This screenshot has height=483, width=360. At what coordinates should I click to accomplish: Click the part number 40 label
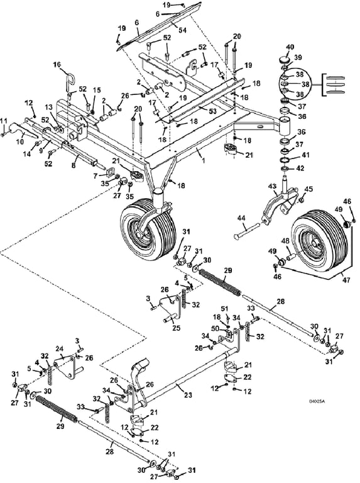coord(290,47)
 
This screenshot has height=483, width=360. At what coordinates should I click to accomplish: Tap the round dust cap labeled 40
coord(286,60)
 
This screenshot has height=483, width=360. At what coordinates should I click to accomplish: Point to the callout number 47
coord(346,280)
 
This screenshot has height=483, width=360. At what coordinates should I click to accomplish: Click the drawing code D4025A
coord(317,401)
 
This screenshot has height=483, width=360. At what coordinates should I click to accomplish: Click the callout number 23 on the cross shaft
coord(188,395)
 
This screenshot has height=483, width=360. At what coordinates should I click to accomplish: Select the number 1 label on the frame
coord(203,160)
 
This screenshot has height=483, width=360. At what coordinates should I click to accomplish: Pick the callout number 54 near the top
coord(182,30)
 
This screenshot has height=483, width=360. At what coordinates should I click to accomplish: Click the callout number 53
coord(213,111)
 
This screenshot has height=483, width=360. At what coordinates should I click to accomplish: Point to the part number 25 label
coord(177,328)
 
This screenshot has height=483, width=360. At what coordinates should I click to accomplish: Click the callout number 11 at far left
coord(3,121)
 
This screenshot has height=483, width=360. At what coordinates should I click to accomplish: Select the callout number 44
coord(241,218)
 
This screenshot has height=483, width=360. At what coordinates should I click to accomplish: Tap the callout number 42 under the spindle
coord(300,168)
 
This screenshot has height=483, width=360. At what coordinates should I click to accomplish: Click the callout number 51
coord(225,309)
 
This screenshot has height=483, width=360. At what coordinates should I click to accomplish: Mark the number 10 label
coord(19,142)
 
